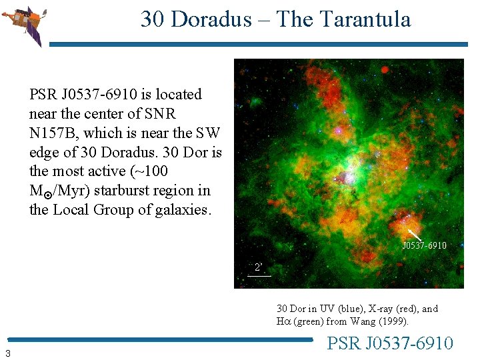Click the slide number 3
click(x=7, y=353)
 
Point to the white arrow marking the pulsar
click(x=414, y=235)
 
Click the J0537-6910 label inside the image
click(x=424, y=245)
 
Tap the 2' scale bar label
click(x=259, y=267)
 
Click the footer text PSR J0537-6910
click(x=390, y=343)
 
